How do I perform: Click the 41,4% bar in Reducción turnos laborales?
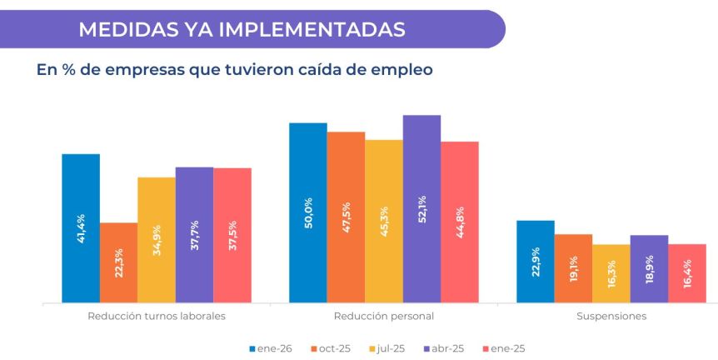point(81,228)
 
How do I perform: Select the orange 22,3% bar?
point(118,262)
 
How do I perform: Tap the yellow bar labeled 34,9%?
point(157,240)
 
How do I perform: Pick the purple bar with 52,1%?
point(421,208)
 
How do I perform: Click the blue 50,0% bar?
point(307,212)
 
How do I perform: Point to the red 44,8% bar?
point(460,222)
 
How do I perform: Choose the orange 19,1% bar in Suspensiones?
point(573,268)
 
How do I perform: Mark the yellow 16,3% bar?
point(611,273)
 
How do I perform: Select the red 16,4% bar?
point(687,273)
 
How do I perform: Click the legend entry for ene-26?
point(272,348)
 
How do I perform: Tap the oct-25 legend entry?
point(330,348)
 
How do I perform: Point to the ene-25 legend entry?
point(503,348)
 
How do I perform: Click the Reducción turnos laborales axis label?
point(157,317)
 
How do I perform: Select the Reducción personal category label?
point(383,317)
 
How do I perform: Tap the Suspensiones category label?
point(611,317)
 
